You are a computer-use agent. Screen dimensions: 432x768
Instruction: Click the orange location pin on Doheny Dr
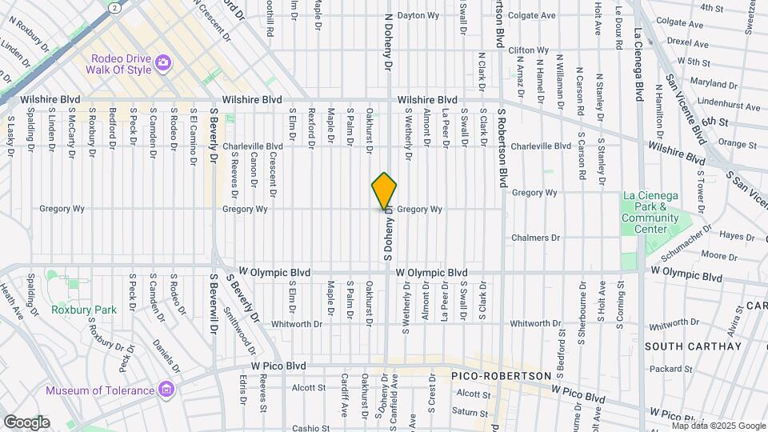click(x=385, y=191)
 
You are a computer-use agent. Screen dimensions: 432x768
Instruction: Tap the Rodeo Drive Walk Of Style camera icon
click(x=163, y=62)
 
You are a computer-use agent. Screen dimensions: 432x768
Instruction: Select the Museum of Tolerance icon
click(x=166, y=390)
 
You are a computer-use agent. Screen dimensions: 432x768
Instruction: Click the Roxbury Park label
click(x=83, y=310)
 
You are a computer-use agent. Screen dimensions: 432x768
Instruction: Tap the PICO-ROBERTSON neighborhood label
click(x=501, y=375)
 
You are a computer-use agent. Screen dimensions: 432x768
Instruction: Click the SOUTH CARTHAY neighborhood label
click(x=693, y=346)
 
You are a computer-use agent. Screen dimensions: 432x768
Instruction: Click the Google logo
click(x=26, y=422)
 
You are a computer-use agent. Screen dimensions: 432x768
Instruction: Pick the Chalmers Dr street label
click(x=536, y=238)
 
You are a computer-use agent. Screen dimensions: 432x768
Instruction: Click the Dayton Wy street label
click(x=420, y=15)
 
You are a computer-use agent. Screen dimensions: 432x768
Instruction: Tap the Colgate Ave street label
click(x=532, y=15)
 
